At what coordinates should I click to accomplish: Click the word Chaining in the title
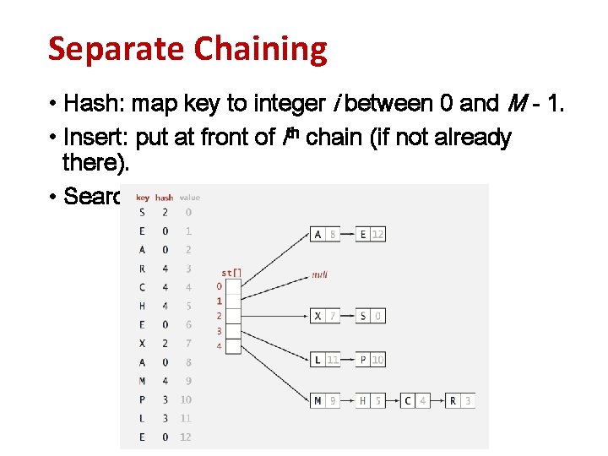[260, 50]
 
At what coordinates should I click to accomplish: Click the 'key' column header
[142, 198]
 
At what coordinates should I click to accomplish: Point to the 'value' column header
[190, 198]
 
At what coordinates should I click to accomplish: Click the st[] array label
[231, 273]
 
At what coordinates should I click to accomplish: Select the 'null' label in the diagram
[320, 274]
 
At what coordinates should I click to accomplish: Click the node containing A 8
[325, 234]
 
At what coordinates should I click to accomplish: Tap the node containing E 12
[371, 234]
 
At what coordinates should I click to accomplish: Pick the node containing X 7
[325, 316]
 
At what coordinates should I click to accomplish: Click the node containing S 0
[371, 316]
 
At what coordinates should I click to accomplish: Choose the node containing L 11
[325, 359]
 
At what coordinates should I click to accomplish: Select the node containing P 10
[371, 359]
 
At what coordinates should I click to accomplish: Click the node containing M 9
[325, 400]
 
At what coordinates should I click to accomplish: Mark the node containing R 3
[460, 400]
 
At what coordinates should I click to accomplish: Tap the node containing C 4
[415, 400]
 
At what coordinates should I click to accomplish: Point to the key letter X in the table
[142, 344]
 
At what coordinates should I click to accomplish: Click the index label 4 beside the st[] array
[219, 346]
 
